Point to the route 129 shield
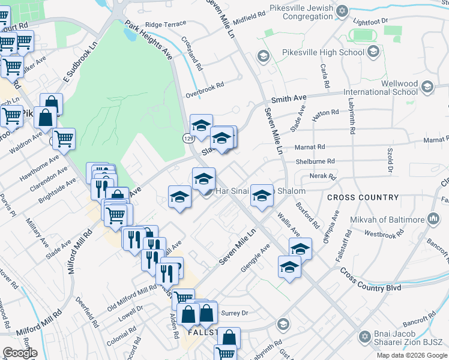188,139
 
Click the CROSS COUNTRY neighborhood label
363,197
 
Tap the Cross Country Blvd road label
370,280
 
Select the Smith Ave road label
289,98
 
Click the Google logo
20,353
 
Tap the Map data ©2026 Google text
412,355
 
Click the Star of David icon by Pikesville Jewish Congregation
342,11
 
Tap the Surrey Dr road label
235,313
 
